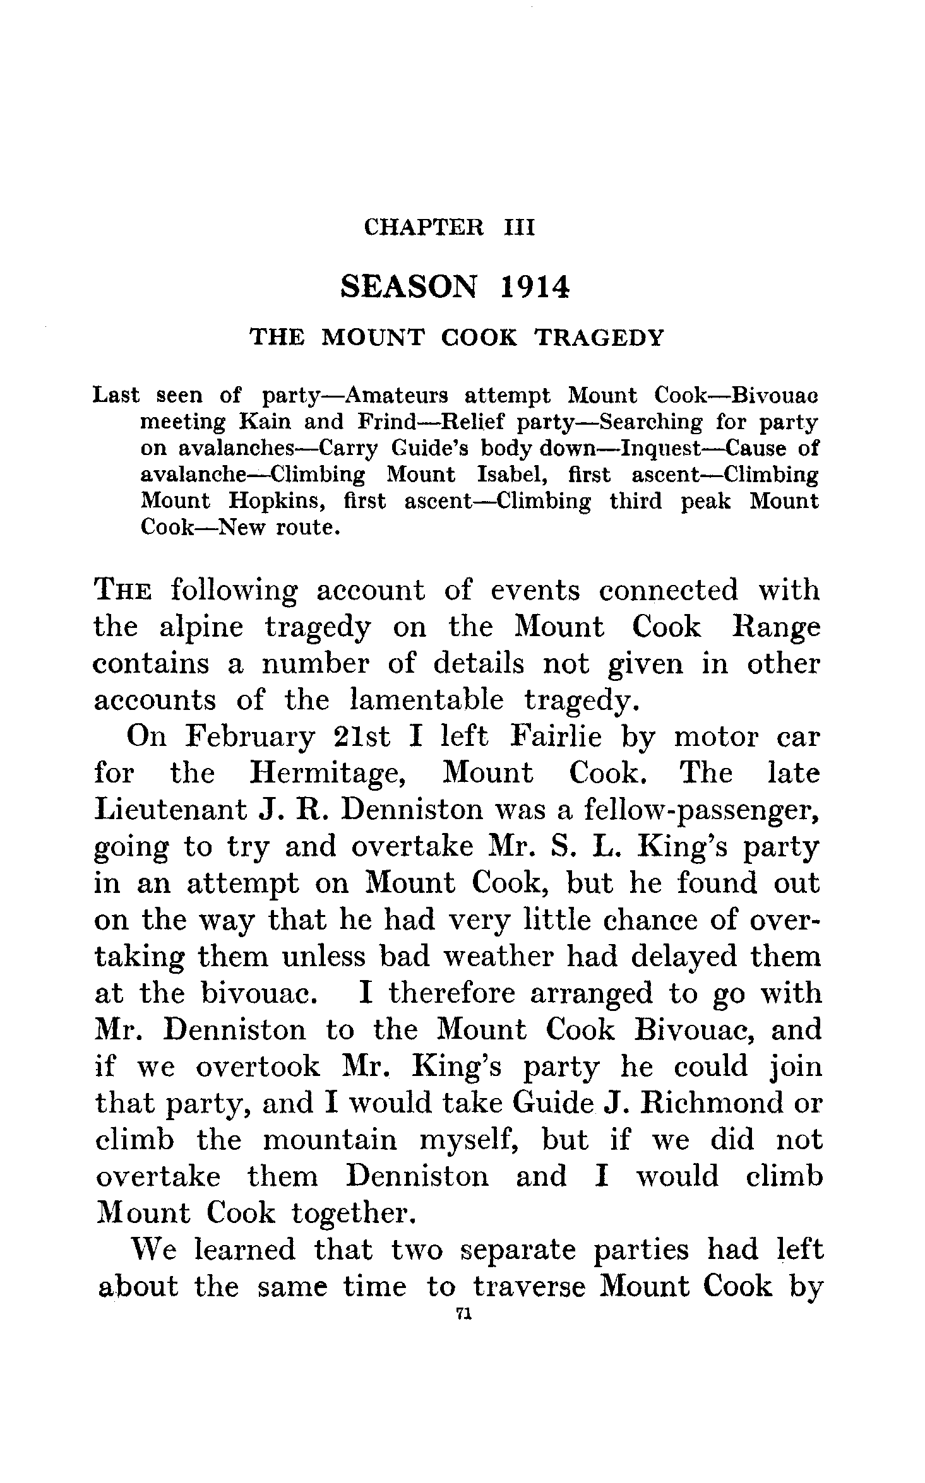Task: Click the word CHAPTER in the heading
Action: pos(424,227)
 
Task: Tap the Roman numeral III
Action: pos(518,227)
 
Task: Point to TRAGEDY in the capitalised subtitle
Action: pos(599,338)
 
